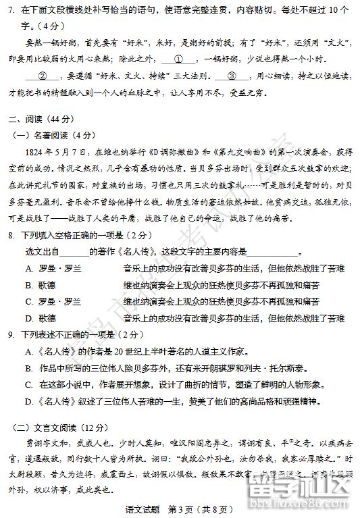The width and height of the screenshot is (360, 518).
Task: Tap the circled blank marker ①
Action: coord(180,59)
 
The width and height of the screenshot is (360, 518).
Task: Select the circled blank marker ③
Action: coord(233,76)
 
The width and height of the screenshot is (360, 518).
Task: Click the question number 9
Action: coord(11,335)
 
